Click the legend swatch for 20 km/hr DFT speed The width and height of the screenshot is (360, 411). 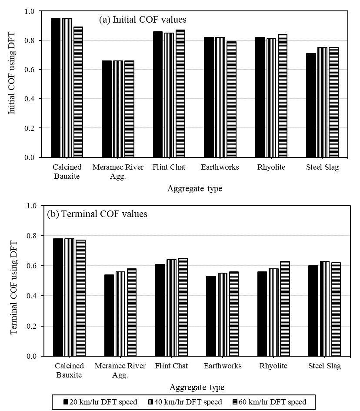point(66,402)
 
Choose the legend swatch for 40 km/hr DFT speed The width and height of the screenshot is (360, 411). point(150,402)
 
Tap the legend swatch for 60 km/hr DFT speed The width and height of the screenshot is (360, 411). point(235,402)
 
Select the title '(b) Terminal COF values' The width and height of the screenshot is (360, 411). point(98,214)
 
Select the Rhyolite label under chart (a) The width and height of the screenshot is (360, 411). point(270,167)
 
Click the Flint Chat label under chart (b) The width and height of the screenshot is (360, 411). point(171,366)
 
